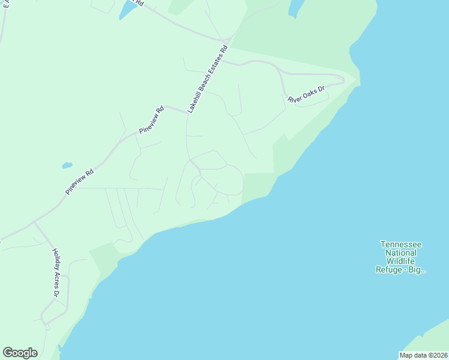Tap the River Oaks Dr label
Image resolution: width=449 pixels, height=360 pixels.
(x=306, y=95)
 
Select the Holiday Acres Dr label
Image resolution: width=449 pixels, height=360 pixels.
(x=55, y=273)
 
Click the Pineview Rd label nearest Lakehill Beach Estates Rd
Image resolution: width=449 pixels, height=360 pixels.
(x=151, y=120)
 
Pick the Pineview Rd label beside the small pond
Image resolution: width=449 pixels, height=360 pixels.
(x=80, y=180)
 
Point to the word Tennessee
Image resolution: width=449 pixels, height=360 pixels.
(x=401, y=244)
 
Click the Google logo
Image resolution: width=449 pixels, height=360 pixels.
(x=20, y=353)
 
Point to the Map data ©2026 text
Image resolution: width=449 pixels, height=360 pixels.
(x=423, y=355)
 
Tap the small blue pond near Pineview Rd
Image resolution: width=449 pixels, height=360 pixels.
(x=67, y=165)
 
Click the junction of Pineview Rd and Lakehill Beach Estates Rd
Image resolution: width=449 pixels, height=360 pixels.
(x=187, y=112)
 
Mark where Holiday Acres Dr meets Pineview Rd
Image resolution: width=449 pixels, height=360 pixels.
(x=34, y=223)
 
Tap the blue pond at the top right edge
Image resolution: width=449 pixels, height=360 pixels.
(x=296, y=7)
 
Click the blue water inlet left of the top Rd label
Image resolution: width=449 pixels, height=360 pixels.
(x=127, y=9)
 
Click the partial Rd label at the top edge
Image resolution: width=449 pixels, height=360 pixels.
(x=139, y=3)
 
